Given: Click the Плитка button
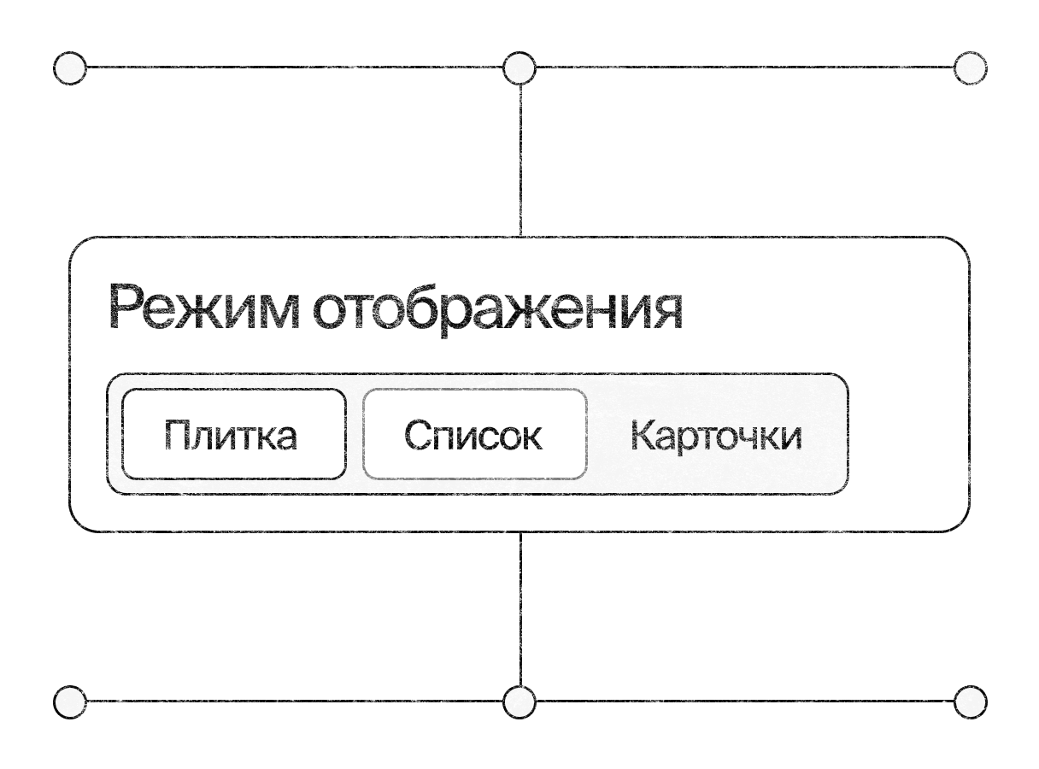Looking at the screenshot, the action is pyautogui.click(x=234, y=434).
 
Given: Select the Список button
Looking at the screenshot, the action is pyautogui.click(x=474, y=434).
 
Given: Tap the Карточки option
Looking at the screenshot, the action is pyautogui.click(x=716, y=436).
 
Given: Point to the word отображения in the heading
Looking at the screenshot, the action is pyautogui.click(x=497, y=310).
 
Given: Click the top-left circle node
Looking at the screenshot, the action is pyautogui.click(x=70, y=68).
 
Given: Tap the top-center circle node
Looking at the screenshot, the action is pyautogui.click(x=519, y=68).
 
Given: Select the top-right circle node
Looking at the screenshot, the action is pyautogui.click(x=970, y=68).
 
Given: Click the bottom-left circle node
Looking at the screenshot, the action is pyautogui.click(x=70, y=701).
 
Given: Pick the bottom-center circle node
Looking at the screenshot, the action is pyautogui.click(x=519, y=701).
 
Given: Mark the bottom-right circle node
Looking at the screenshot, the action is pyautogui.click(x=970, y=701).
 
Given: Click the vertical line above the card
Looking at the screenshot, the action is pyautogui.click(x=520, y=161).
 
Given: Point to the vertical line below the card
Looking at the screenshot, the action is pyautogui.click(x=520, y=608).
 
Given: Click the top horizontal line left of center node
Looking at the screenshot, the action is pyautogui.click(x=295, y=68).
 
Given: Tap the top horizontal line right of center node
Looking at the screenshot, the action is pyautogui.click(x=745, y=68).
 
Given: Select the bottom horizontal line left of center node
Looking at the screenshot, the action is pyautogui.click(x=295, y=701).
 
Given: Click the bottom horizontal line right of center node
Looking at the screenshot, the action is pyautogui.click(x=745, y=701).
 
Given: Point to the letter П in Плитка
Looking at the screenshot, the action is pyautogui.click(x=177, y=434).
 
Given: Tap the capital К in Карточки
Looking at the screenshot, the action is pyautogui.click(x=644, y=434).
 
